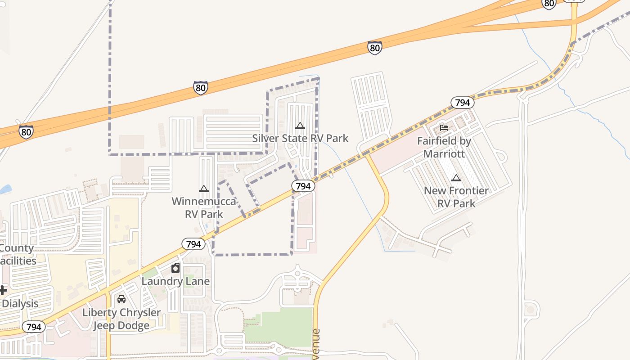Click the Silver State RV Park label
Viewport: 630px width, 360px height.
tap(300, 138)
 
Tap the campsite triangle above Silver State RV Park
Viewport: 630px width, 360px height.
tap(300, 126)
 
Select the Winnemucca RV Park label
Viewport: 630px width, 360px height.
tap(204, 207)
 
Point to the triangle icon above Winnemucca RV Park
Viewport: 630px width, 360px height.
tap(204, 189)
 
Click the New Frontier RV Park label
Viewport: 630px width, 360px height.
tap(456, 197)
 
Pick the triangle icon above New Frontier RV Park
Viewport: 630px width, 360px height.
tap(456, 178)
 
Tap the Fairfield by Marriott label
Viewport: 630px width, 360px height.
tap(444, 147)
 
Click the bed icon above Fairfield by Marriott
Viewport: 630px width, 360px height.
tap(444, 128)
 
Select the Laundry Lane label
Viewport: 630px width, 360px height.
tap(175, 281)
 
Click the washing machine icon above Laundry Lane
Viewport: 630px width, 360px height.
tap(175, 268)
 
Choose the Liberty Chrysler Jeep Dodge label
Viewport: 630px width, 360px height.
tap(121, 319)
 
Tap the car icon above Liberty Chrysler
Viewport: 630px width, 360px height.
tap(121, 299)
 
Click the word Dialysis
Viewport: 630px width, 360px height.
tap(20, 303)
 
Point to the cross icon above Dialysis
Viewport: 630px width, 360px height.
tap(3, 290)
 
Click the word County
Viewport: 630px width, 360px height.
tap(17, 248)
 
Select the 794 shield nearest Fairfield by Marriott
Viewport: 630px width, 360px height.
tap(462, 103)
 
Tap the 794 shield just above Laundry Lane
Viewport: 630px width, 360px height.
tap(193, 244)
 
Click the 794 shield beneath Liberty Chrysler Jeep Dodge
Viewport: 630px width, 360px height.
tap(34, 327)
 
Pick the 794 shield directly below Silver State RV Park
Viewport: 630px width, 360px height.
tap(303, 185)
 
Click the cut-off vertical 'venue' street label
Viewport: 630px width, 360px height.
tap(316, 344)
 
